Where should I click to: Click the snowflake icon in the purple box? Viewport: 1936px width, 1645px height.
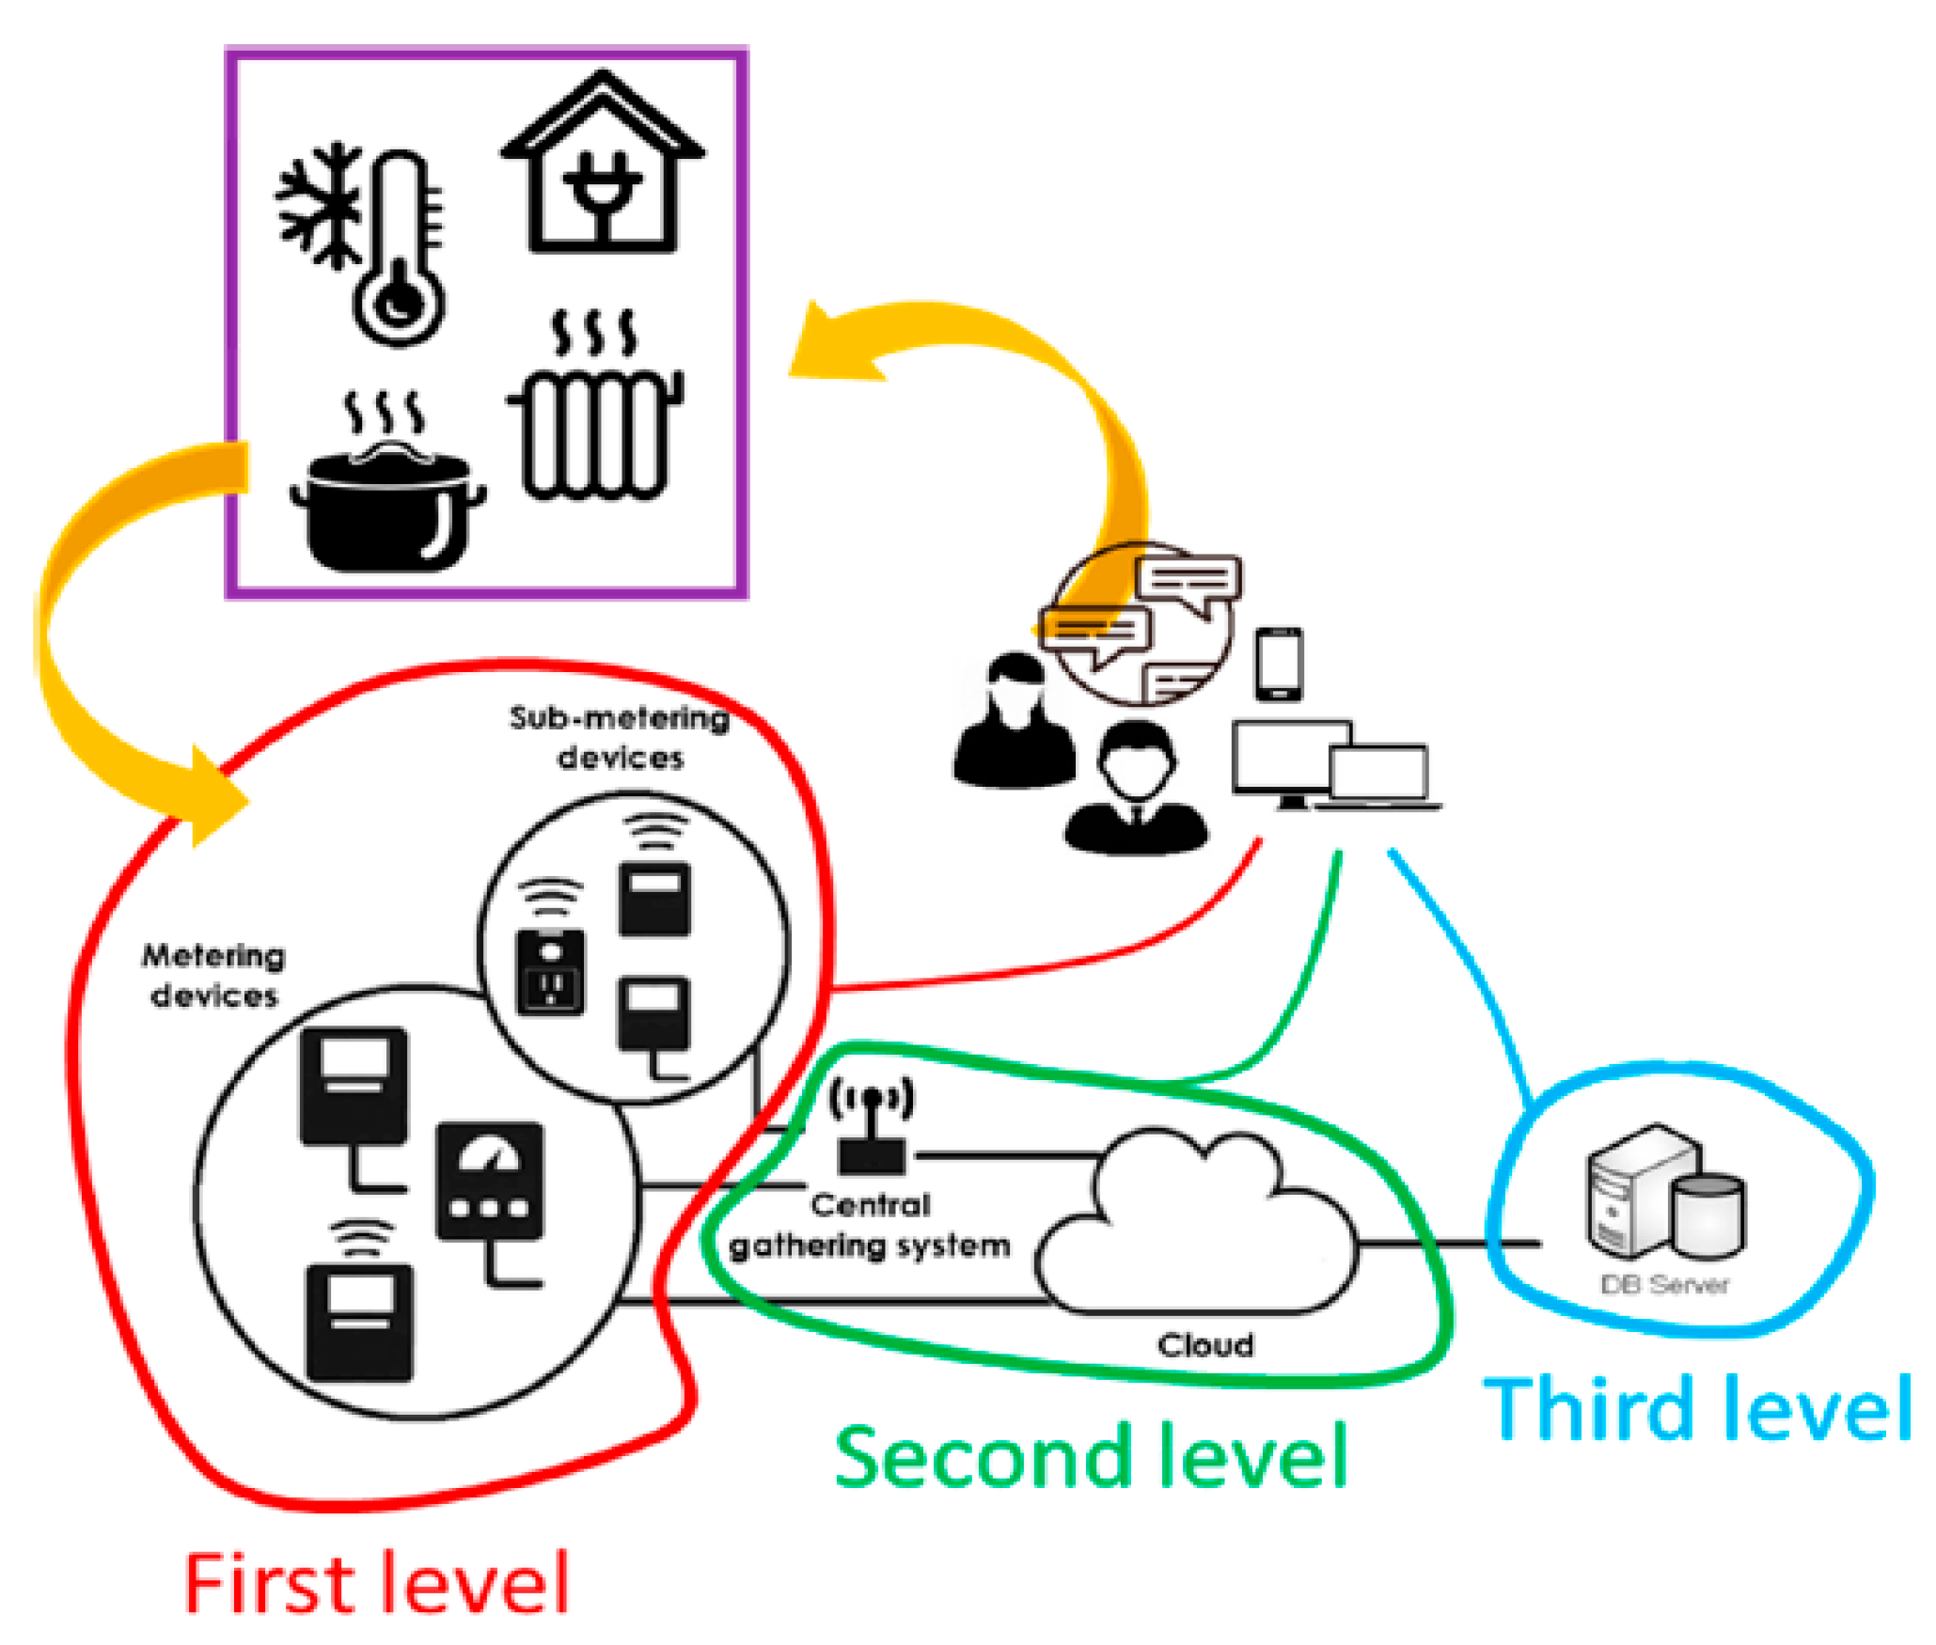coord(317,206)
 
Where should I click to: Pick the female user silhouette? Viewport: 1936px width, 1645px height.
coord(1015,720)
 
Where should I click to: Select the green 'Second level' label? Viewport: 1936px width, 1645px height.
coord(1091,1456)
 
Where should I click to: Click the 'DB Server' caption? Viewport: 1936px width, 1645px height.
coord(1664,1284)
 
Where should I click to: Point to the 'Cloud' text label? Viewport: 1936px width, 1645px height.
coord(1205,1345)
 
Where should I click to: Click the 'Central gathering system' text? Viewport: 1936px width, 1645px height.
coord(870,1225)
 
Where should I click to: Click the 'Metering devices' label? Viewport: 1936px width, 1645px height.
coord(213,976)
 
